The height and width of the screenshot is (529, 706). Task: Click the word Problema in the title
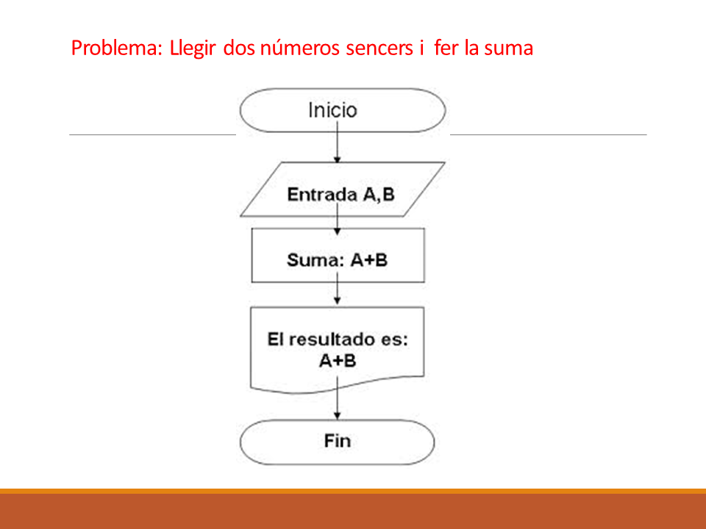(116, 48)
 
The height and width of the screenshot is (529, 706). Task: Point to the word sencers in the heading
(379, 48)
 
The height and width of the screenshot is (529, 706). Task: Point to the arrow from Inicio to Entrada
(338, 142)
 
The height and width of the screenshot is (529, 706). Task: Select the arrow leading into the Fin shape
(338, 398)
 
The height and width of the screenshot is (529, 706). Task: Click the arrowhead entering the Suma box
(338, 231)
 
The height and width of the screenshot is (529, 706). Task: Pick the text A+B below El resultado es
(338, 361)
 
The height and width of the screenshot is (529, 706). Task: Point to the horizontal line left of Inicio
(153, 134)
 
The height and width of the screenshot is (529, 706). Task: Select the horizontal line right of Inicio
(549, 134)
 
